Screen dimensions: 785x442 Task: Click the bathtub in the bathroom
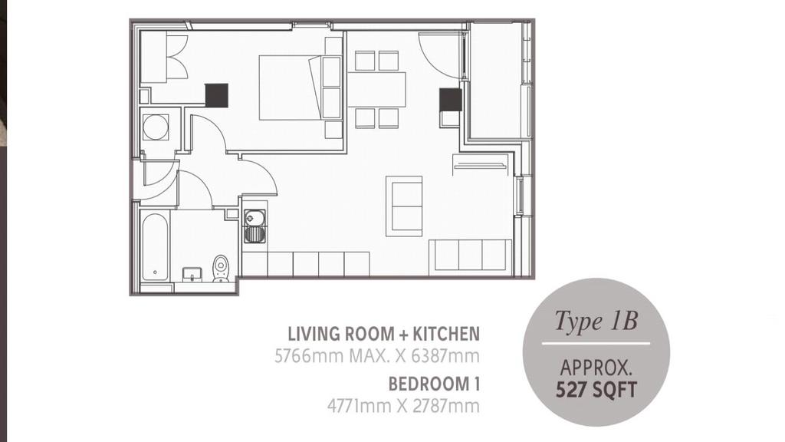(x=155, y=247)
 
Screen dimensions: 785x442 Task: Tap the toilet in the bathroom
(x=221, y=269)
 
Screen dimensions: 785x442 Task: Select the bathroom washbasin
(x=192, y=275)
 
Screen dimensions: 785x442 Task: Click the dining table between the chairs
(x=376, y=90)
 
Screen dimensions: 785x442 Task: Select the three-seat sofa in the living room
(x=471, y=255)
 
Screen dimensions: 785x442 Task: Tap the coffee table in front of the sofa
(x=404, y=206)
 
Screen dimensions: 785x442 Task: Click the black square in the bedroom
(x=216, y=95)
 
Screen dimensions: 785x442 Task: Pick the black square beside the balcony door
(x=451, y=100)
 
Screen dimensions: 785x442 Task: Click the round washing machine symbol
(x=156, y=127)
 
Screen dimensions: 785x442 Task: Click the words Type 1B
(x=596, y=321)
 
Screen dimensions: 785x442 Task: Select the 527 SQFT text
(x=596, y=390)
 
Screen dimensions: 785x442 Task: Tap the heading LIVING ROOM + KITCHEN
(x=383, y=334)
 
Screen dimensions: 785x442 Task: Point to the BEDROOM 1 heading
(x=434, y=384)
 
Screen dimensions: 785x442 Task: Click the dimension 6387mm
(x=445, y=356)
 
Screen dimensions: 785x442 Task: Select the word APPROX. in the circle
(x=596, y=368)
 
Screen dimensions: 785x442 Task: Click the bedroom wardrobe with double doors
(x=165, y=57)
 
